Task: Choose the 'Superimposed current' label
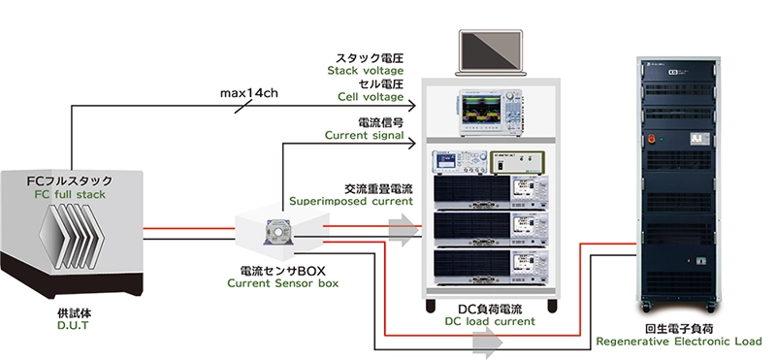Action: coord(351,202)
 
